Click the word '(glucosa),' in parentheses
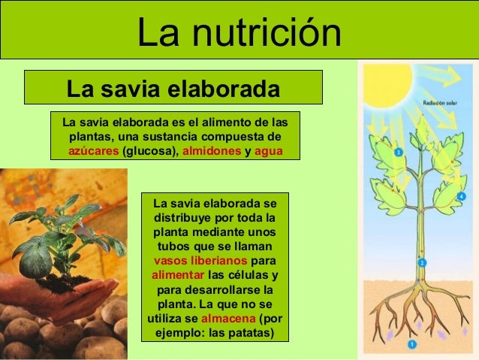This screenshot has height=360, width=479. coord(150,151)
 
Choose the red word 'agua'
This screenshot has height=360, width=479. coord(268,151)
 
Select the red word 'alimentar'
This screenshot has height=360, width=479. coord(177,275)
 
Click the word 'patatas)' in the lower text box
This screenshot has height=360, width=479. coord(251,332)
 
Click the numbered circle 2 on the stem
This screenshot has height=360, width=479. coord(422,262)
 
